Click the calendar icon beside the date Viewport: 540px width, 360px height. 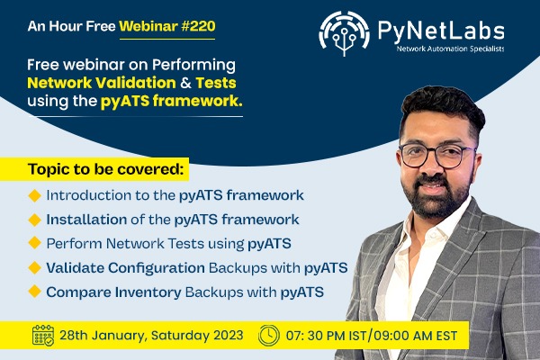43,336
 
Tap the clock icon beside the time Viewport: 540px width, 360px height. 267,336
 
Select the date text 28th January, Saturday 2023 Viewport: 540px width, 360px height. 151,336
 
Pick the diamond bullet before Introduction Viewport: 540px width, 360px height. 35,194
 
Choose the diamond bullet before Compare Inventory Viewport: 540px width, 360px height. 35,292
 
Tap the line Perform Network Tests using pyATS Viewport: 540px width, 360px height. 162,243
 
